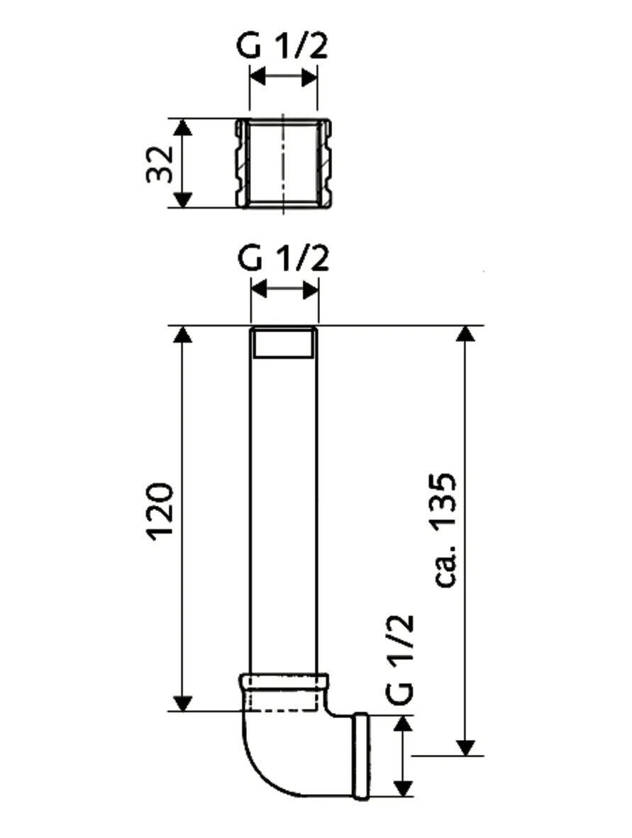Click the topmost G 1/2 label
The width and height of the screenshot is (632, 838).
[283, 48]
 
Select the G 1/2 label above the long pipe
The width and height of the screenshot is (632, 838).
[283, 260]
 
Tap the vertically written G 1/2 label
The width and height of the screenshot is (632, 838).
[401, 659]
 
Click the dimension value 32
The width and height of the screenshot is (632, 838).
[160, 164]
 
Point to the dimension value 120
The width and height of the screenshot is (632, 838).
[160, 512]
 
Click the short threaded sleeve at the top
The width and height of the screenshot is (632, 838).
[284, 164]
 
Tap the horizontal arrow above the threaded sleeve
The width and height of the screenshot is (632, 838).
[284, 77]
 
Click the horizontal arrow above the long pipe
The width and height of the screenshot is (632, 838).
[284, 289]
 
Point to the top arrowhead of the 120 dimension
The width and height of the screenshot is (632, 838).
[183, 334]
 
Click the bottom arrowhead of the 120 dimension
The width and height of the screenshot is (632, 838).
[183, 702]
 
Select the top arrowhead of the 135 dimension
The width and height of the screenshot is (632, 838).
[465, 334]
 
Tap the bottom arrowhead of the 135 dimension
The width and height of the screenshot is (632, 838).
[465, 747]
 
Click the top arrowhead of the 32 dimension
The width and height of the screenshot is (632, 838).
[183, 128]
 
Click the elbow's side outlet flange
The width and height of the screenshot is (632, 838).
[361, 756]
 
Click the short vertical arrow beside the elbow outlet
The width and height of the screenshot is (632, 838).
[403, 756]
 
